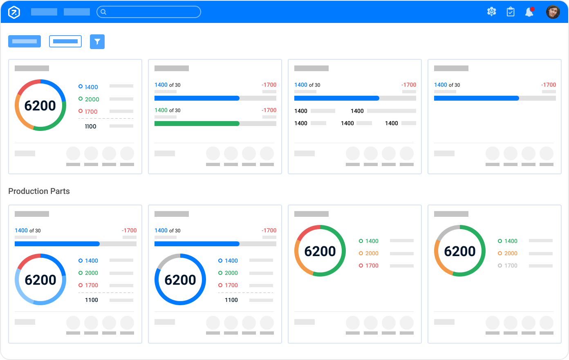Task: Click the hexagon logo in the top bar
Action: [x=14, y=12]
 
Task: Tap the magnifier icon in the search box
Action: [x=103, y=12]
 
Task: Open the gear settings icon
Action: [x=491, y=12]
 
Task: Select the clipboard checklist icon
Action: [x=511, y=12]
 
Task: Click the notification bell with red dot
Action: [x=529, y=12]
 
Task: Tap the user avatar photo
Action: [x=553, y=12]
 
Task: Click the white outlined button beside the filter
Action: [x=65, y=41]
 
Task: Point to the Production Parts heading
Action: [x=39, y=191]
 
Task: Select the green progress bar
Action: [x=197, y=124]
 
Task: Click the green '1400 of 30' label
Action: [x=167, y=110]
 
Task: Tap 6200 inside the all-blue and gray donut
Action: [x=180, y=280]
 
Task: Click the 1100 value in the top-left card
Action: [x=90, y=126]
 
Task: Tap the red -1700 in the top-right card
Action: [x=549, y=85]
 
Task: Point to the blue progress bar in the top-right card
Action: [x=476, y=98]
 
